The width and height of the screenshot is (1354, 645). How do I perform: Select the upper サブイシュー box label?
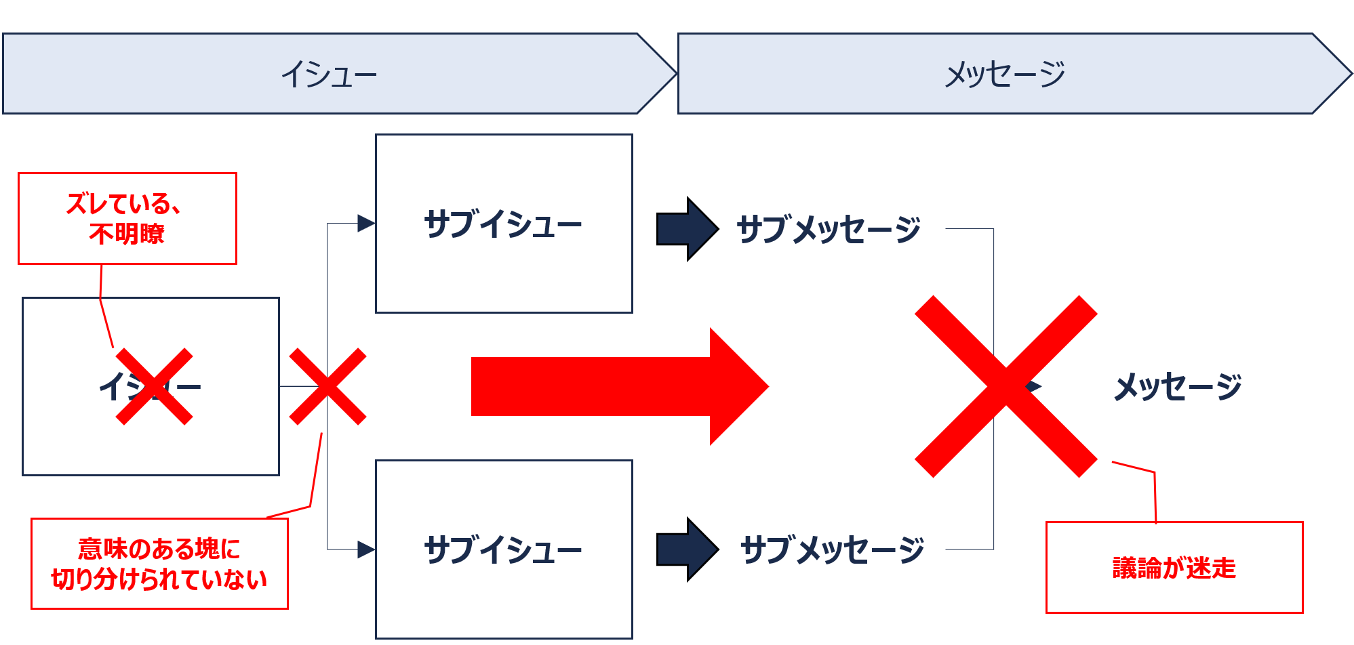point(502,224)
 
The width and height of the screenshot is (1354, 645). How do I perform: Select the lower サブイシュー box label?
point(502,549)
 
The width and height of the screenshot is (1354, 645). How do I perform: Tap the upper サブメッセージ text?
point(828,229)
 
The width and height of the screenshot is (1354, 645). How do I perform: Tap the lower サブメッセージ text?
point(832,549)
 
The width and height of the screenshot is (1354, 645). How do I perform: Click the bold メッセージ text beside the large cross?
point(1178,387)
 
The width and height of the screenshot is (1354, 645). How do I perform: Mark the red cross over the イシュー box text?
point(154,387)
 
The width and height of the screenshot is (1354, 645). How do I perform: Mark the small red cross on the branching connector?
point(327,387)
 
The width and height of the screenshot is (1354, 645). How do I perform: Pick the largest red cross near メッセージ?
point(1005,386)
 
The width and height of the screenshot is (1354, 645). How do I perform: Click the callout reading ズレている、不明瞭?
point(127,218)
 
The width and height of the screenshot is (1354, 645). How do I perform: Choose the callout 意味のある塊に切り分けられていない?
point(159,564)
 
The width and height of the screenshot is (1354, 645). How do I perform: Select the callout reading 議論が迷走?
point(1174,568)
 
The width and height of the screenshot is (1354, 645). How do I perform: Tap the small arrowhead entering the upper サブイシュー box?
point(366,223)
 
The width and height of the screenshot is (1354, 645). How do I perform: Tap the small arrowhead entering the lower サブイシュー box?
point(366,549)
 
